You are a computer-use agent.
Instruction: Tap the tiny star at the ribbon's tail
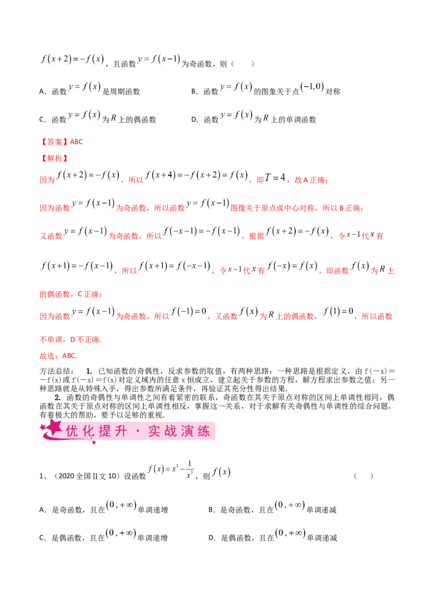[x=94, y=443]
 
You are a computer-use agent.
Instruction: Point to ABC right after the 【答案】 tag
[x=75, y=142]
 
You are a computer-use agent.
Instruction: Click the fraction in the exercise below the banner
[x=189, y=468]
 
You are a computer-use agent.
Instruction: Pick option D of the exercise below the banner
[x=291, y=530]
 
